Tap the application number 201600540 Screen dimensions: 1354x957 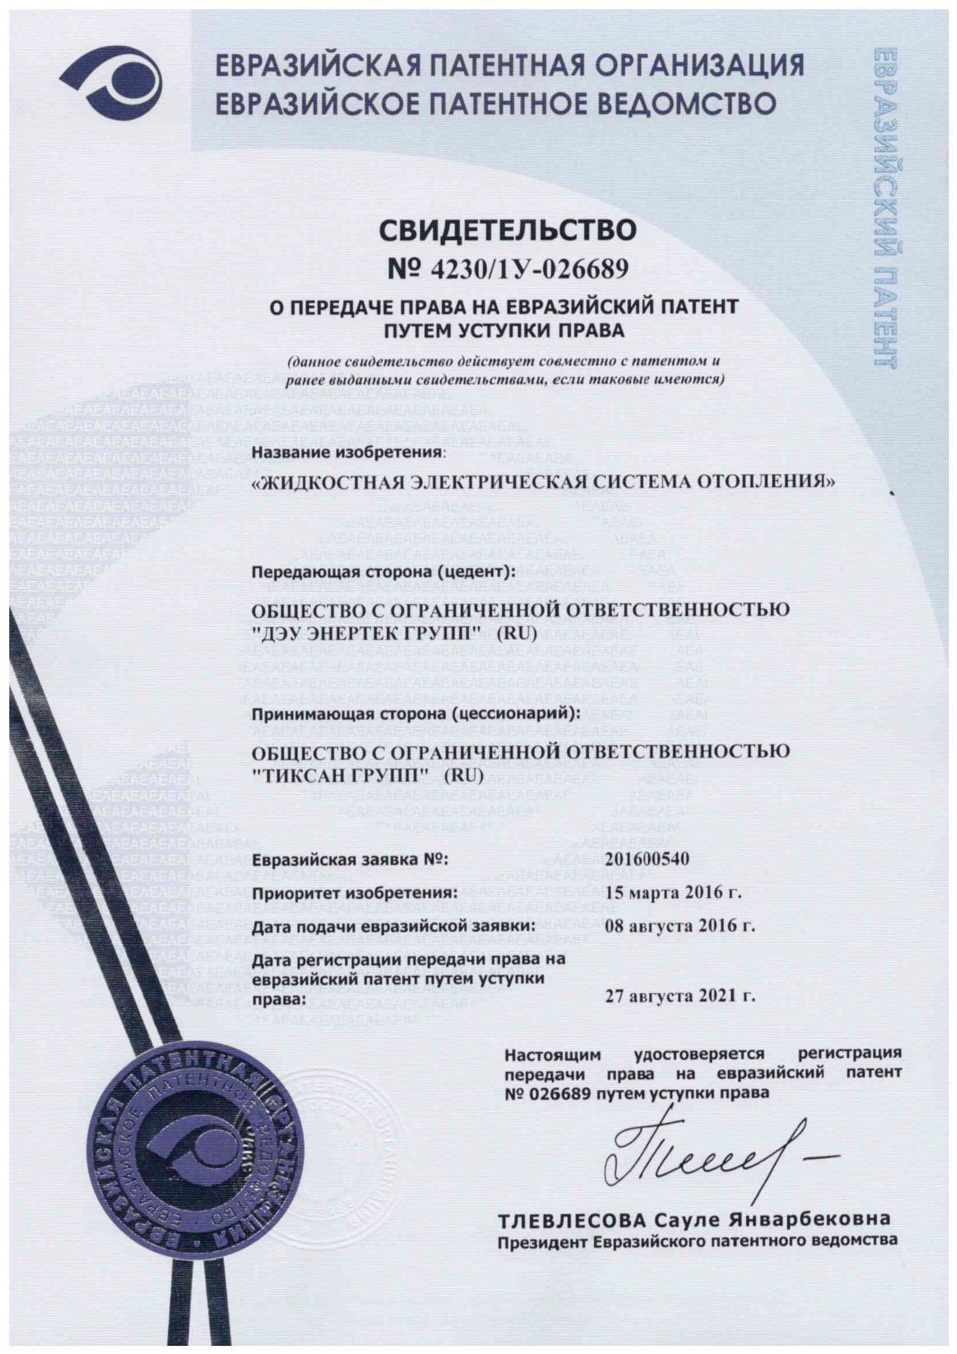[x=647, y=860]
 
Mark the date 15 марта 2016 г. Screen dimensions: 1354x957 [x=673, y=893]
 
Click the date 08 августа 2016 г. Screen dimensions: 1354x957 [x=680, y=926]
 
